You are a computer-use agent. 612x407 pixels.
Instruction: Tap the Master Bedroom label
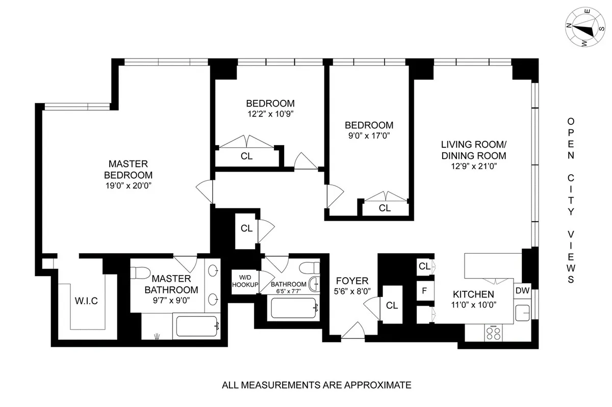coord(129,169)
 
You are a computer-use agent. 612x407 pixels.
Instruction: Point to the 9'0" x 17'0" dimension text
coord(369,136)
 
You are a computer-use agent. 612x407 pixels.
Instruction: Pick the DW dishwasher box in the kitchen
coord(522,290)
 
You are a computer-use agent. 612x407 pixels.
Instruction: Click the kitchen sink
coord(522,312)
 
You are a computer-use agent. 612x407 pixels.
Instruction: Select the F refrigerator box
coord(424,292)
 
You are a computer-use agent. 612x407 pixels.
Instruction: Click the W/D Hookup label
coord(245,281)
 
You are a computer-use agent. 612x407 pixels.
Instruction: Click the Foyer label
coord(352,281)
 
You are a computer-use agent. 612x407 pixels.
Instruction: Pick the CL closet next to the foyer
coord(392,305)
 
